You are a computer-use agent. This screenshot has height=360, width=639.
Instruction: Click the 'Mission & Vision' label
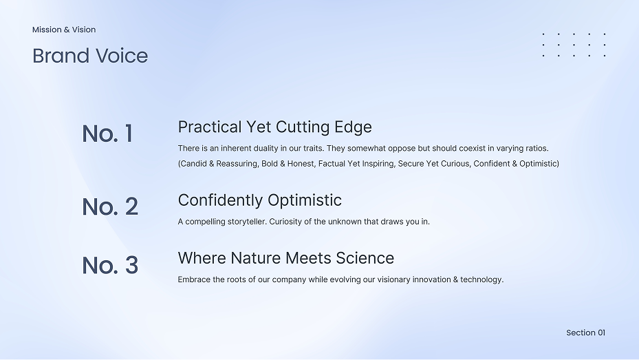click(64, 30)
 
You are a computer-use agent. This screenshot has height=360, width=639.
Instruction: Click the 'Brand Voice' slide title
click(90, 56)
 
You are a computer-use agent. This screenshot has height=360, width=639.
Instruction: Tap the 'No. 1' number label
click(107, 134)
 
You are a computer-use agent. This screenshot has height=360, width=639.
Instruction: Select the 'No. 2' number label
click(110, 207)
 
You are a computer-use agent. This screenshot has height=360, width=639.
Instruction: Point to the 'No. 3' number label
click(110, 265)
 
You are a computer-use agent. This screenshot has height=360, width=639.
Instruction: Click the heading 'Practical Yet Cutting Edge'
click(274, 127)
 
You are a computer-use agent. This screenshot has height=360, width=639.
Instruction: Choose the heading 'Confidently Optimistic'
click(259, 200)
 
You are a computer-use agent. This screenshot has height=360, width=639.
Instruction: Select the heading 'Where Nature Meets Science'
click(285, 258)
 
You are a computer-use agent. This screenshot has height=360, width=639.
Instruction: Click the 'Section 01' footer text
click(585, 332)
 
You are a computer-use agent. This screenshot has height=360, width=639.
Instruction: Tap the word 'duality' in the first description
click(266, 149)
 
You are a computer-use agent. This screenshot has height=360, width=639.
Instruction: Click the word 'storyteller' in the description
click(246, 222)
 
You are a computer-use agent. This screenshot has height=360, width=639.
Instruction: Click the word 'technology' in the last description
click(481, 279)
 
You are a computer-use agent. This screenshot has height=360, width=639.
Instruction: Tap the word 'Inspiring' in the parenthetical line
click(378, 164)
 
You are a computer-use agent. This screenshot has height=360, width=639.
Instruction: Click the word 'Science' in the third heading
click(365, 258)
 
